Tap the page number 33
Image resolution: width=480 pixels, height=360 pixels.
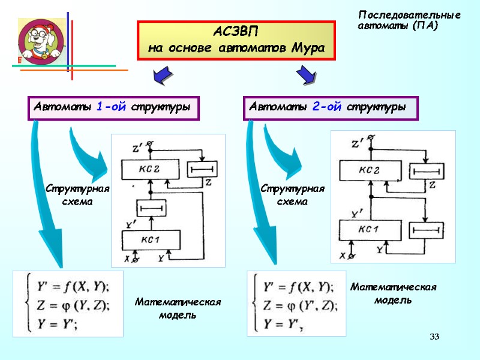[x=434, y=337]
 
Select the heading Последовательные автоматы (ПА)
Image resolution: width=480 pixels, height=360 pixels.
[x=409, y=20]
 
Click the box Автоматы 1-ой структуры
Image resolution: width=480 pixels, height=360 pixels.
[x=113, y=107]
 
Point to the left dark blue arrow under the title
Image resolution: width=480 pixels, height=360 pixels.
[x=161, y=76]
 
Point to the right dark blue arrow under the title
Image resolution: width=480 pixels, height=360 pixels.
[x=305, y=76]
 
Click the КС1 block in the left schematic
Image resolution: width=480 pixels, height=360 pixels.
[x=150, y=240]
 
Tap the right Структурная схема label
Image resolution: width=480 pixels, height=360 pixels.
[x=292, y=196]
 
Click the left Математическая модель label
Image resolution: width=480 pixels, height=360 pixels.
[x=178, y=308]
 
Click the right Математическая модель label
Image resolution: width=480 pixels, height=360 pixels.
[x=393, y=293]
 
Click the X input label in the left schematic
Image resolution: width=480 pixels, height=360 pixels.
[x=127, y=259]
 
